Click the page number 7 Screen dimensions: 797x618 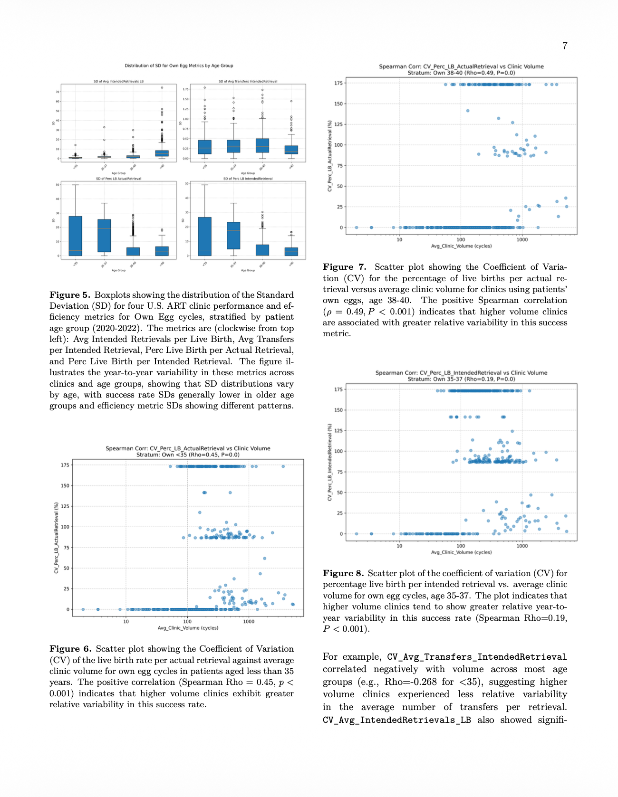565,46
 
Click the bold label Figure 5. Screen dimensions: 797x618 69,295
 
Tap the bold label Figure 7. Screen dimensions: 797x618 344,267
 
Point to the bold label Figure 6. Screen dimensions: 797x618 70,649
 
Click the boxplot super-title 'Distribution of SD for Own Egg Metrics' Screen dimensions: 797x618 179,66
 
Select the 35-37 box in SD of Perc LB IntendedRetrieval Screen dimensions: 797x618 233,235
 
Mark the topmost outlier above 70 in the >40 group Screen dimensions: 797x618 162,87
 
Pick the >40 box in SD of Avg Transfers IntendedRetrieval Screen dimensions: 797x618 291,150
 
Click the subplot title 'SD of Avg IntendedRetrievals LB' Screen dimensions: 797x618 118,82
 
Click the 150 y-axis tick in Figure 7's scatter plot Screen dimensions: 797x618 338,104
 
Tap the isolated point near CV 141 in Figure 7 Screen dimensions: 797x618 467,111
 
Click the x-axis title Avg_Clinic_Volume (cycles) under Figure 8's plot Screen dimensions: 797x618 461,552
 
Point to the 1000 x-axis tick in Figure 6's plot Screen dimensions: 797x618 249,621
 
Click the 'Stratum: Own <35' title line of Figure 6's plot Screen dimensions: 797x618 188,455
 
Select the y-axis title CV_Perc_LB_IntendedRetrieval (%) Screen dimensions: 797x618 329,462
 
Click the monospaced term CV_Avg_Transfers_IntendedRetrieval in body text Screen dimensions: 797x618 477,657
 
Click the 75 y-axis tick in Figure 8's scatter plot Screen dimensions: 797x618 339,472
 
